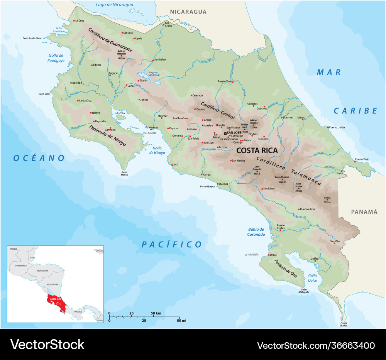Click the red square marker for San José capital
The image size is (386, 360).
tap(225, 133)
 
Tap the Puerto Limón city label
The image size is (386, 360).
tap(337, 127)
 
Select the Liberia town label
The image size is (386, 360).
tap(97, 65)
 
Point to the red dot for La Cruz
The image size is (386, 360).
tap(74, 20)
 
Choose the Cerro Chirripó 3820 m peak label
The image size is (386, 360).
tap(282, 179)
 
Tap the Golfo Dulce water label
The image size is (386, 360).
tap(312, 278)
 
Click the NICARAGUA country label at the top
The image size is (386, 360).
tap(188, 12)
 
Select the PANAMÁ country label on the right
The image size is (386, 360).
tap(364, 211)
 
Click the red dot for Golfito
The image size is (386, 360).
tap(315, 261)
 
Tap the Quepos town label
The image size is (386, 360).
tap(223, 184)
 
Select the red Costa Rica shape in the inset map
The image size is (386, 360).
tap(54, 301)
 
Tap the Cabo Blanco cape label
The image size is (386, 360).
tap(124, 173)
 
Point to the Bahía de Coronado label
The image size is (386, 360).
tap(256, 232)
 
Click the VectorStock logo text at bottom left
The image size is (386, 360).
tap(47, 345)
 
